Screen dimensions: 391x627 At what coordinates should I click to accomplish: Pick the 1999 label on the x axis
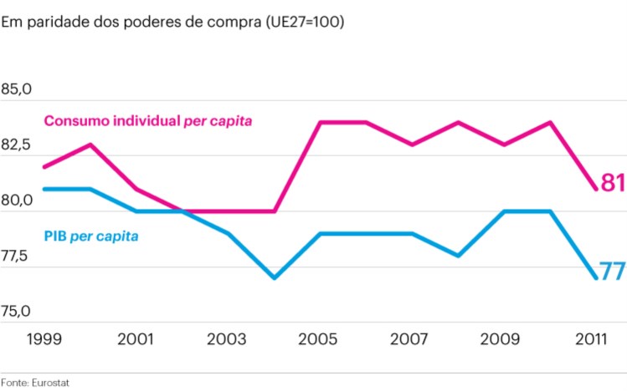click(45, 340)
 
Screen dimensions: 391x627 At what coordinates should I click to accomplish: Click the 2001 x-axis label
click(136, 340)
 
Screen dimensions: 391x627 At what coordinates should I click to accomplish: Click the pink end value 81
click(612, 182)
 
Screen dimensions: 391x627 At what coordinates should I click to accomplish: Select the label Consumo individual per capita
click(148, 121)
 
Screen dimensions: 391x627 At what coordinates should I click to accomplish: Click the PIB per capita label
click(91, 236)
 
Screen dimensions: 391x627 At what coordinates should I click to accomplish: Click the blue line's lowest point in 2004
click(275, 277)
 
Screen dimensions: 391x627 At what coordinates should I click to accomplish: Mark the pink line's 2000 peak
click(90, 145)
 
